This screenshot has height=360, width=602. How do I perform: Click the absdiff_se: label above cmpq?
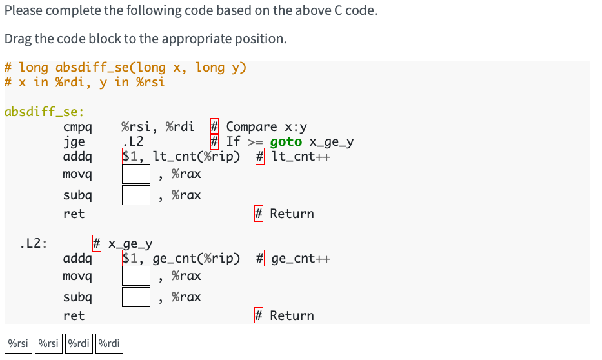pyautogui.click(x=39, y=112)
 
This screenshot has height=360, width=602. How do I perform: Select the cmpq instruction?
pyautogui.click(x=77, y=127)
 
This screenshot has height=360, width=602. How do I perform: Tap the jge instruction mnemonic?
pyautogui.click(x=74, y=142)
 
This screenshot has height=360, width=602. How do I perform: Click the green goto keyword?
pyautogui.click(x=285, y=142)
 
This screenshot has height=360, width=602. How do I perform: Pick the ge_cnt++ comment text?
pyautogui.click(x=300, y=259)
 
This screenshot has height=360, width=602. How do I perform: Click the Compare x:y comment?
pyautogui.click(x=266, y=127)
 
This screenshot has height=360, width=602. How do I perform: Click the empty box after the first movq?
pyautogui.click(x=136, y=174)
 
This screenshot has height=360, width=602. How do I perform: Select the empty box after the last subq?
pyautogui.click(x=136, y=297)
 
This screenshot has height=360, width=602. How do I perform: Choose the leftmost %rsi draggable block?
pyautogui.click(x=18, y=343)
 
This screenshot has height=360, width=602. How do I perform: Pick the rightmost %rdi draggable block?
pyautogui.click(x=109, y=343)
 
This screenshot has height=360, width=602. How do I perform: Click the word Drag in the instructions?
pyautogui.click(x=17, y=39)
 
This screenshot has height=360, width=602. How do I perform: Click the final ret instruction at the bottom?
pyautogui.click(x=74, y=315)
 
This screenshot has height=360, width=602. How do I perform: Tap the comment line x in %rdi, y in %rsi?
pyautogui.click(x=84, y=82)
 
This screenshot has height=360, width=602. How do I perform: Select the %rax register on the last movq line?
pyautogui.click(x=186, y=276)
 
